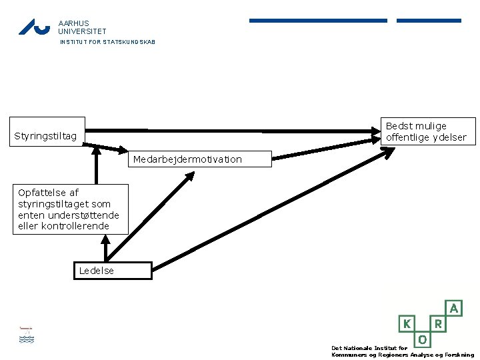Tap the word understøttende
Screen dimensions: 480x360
click(83, 215)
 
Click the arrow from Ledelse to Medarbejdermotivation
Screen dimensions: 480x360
click(150, 217)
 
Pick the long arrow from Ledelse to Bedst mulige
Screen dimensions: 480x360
click(273, 209)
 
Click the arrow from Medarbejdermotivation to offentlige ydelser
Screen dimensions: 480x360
click(326, 149)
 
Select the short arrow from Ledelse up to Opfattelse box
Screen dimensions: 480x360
click(105, 248)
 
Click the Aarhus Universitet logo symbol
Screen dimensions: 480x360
click(34, 27)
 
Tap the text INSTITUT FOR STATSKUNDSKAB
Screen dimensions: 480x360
click(107, 42)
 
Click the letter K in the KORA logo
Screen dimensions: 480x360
click(407, 323)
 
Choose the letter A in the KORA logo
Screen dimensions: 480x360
click(454, 308)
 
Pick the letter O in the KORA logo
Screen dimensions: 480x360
click(423, 339)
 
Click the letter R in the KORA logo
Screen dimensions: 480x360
click(439, 323)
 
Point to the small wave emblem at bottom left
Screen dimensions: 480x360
click(27, 335)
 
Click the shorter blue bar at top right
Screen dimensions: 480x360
click(429, 21)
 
